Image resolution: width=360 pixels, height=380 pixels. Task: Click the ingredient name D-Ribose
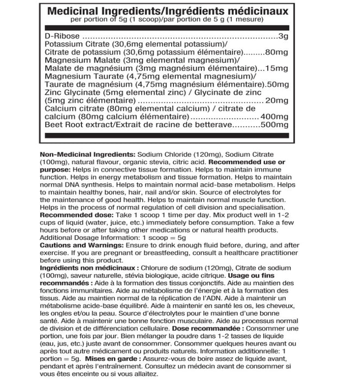tap(61, 36)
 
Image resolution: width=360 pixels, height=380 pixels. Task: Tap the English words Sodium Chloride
tap(163, 154)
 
